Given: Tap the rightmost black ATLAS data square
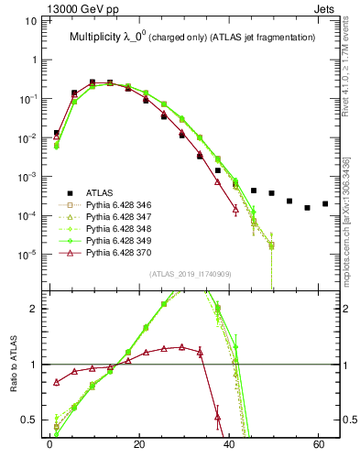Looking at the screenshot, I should click(x=325, y=203).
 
